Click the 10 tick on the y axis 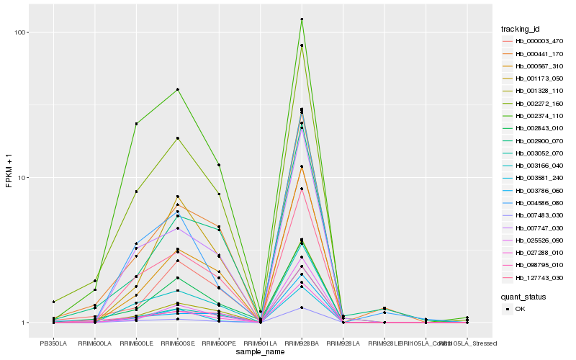[21, 178]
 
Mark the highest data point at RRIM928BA [302, 19]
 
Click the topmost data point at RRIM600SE [177, 89]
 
